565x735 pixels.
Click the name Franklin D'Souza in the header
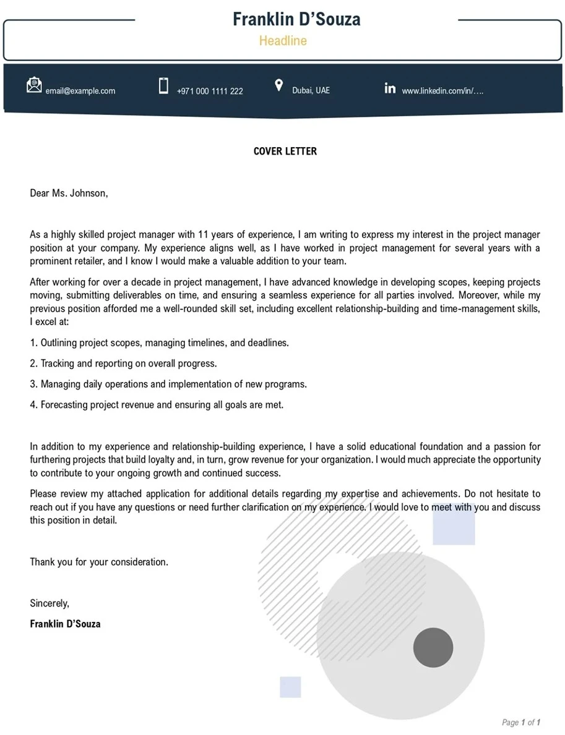(296, 19)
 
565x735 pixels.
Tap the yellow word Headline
(283, 41)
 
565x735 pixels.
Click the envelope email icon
(34, 85)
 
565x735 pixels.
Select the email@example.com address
(80, 91)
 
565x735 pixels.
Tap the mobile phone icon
(163, 86)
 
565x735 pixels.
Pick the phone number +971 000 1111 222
(210, 91)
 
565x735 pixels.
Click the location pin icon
(278, 85)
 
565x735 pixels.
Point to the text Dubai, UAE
(311, 90)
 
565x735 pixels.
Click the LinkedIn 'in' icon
(390, 88)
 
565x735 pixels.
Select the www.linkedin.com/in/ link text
(442, 91)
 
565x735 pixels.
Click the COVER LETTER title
(285, 151)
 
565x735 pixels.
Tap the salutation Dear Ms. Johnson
(69, 193)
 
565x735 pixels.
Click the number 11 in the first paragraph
(204, 235)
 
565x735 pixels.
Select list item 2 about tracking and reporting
(123, 363)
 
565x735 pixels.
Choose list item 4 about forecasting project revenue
(157, 405)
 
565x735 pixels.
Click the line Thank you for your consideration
(99, 563)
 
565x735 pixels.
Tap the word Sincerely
(50, 603)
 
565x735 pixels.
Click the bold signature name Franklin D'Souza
(65, 624)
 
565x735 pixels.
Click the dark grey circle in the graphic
(433, 647)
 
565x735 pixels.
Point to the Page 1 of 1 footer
(521, 722)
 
